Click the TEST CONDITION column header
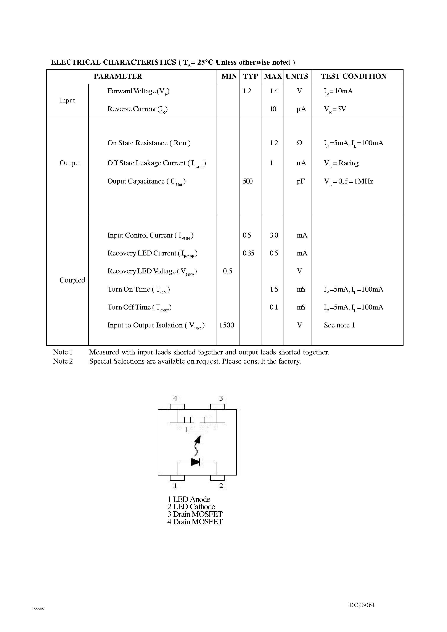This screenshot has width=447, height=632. [354, 76]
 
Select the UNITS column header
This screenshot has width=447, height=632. [297, 76]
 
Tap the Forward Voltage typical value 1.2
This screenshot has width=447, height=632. [247, 91]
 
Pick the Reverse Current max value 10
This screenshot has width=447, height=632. [273, 109]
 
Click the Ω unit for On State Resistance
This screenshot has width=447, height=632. [300, 143]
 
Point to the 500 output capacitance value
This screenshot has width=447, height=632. [248, 181]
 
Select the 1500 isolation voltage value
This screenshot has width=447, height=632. [227, 325]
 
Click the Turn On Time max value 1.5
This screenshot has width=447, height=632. [274, 289]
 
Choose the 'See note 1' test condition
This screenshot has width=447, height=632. [339, 325]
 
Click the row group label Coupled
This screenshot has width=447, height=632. [72, 280]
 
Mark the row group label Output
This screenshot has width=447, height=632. [70, 163]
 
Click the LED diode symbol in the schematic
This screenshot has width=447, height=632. [195, 462]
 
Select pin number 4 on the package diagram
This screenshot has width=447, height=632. [175, 398]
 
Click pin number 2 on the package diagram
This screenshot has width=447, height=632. [221, 486]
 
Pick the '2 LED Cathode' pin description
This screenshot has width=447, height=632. [191, 507]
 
